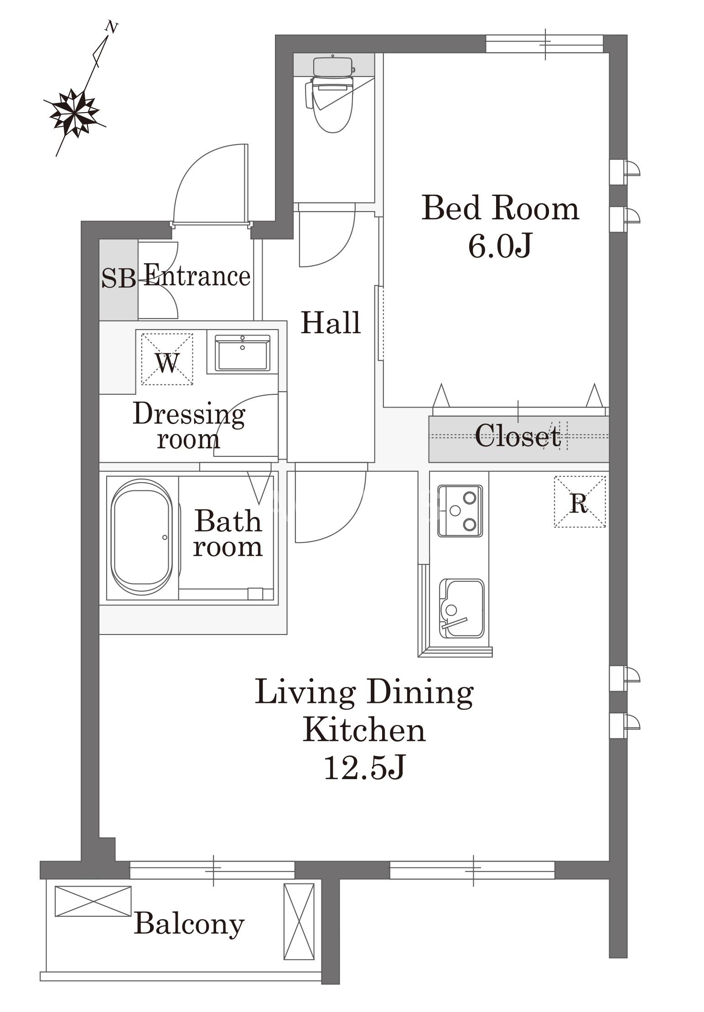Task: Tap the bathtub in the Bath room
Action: tap(142, 537)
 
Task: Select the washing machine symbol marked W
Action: tap(167, 359)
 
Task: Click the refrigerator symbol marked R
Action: tap(580, 501)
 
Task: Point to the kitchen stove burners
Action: tap(460, 511)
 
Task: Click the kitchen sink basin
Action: tap(461, 609)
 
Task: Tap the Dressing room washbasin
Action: tap(243, 352)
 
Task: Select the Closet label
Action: tap(518, 435)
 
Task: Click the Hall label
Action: tap(331, 322)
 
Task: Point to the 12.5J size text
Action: tap(364, 767)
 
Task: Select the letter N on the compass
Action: tap(111, 27)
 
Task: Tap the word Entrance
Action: tap(197, 275)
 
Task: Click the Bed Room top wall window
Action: tap(544, 44)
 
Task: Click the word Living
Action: tap(305, 693)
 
